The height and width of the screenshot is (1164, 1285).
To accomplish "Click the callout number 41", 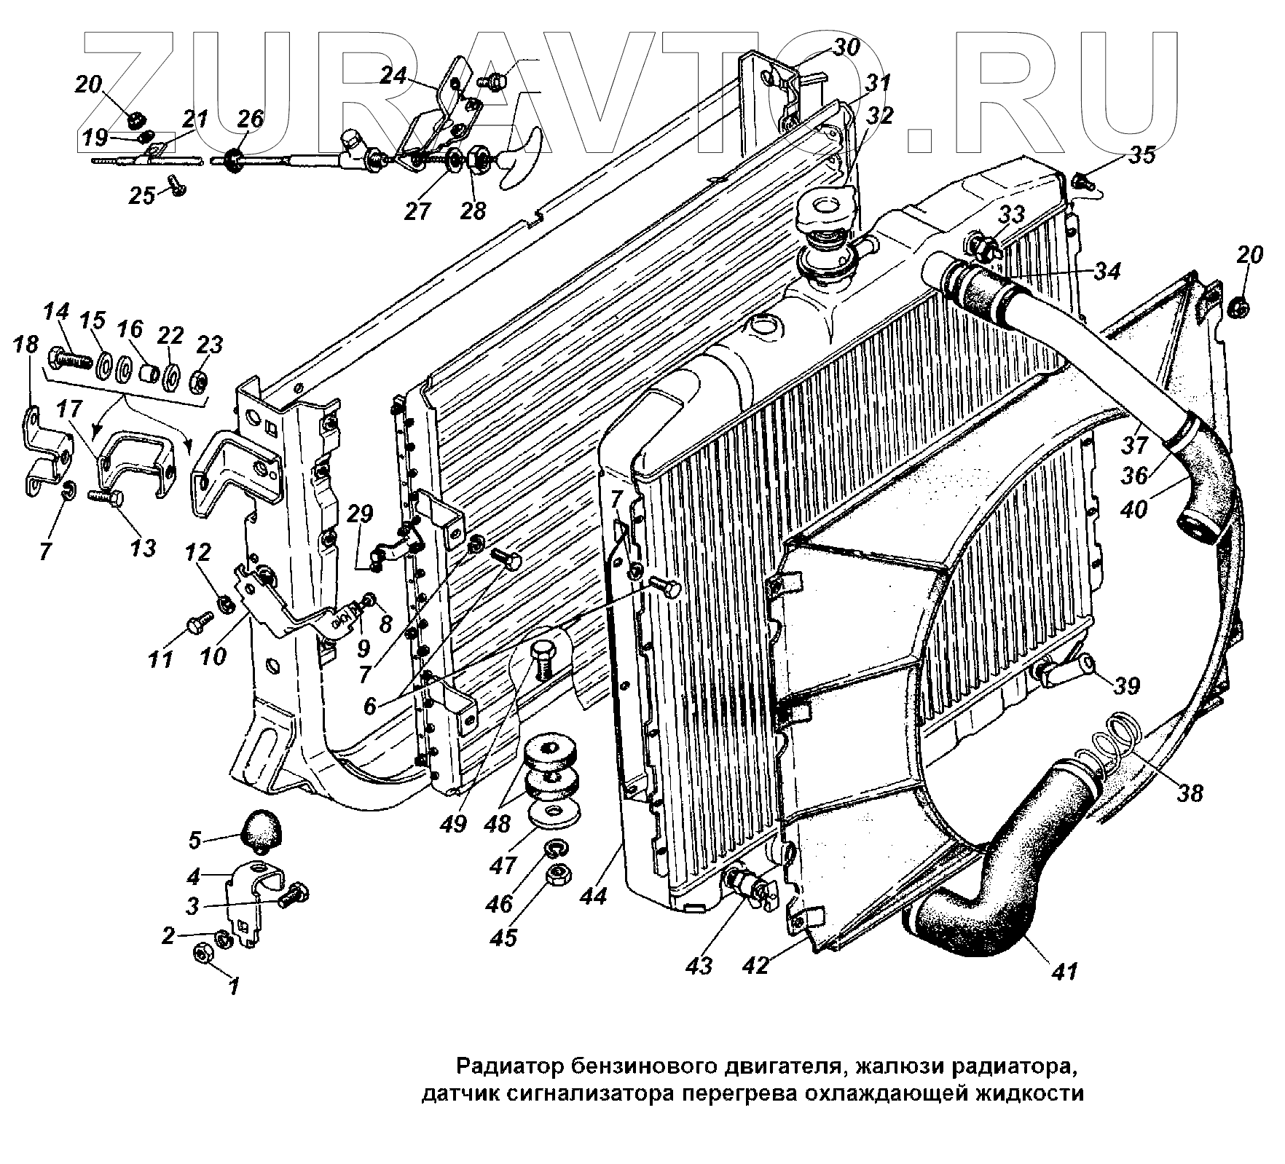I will click(x=1065, y=970).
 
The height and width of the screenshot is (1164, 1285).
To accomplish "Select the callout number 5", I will click(x=194, y=840).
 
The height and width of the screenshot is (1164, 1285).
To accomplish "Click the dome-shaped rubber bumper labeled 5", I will click(x=261, y=831).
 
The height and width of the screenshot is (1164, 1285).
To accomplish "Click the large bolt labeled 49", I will click(x=543, y=656).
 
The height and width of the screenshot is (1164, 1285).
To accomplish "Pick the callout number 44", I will click(x=594, y=897).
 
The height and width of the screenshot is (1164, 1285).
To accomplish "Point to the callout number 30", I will click(x=846, y=48).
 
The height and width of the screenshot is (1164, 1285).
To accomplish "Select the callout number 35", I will click(x=1142, y=154).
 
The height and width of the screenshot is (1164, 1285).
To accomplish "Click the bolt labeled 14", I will click(x=68, y=358).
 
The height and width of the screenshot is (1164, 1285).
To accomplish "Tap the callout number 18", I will click(x=27, y=345).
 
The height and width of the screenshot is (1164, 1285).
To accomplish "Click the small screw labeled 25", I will click(x=177, y=187).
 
